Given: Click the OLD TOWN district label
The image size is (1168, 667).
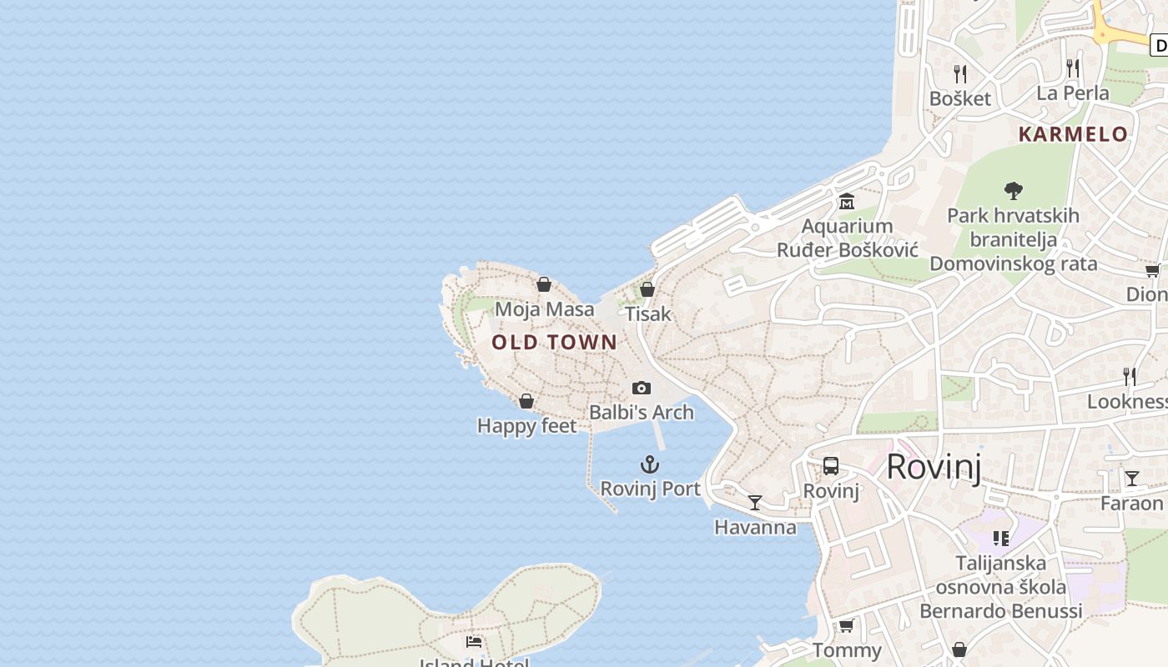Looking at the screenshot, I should (x=554, y=342).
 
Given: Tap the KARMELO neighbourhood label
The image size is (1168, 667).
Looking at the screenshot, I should (x=1073, y=134).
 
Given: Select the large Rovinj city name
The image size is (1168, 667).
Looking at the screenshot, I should (x=934, y=467).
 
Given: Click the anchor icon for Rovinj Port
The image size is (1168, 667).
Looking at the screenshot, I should (x=650, y=464).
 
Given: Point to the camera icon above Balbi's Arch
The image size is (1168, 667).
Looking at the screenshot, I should (x=642, y=388).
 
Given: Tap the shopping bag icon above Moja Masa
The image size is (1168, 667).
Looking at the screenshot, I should (x=544, y=284).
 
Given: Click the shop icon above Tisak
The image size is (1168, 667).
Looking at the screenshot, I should (x=647, y=289).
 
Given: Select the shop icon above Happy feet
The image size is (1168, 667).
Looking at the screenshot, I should (x=526, y=401).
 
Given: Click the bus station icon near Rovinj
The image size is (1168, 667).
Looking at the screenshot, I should (x=831, y=466).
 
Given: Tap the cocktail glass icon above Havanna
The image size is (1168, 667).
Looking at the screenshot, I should (x=755, y=502).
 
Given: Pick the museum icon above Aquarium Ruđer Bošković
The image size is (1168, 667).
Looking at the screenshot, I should (x=847, y=202).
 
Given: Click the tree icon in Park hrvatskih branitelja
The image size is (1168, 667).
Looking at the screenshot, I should (x=1014, y=191).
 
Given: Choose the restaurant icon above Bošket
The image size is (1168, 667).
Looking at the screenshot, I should (x=960, y=74).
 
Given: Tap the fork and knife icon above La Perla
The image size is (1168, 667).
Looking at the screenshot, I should (x=1073, y=68).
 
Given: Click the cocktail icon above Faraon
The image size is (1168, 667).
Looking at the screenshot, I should (x=1131, y=479).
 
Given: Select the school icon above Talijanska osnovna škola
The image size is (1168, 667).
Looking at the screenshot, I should (x=1001, y=539).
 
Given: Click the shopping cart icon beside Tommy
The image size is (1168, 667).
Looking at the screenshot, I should (x=847, y=625).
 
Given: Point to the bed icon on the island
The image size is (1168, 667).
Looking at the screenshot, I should (x=474, y=641).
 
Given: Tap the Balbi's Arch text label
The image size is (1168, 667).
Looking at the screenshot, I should (x=642, y=412).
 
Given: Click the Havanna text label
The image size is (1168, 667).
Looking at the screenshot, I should (x=755, y=527).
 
